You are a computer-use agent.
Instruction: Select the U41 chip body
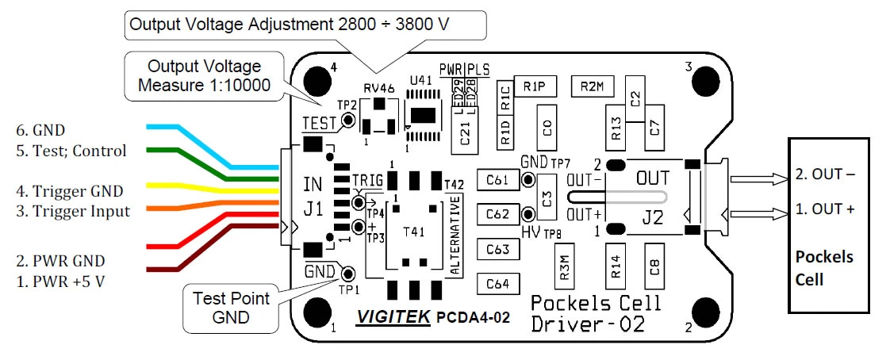(x=424, y=114)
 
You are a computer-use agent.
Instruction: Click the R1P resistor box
(x=534, y=87)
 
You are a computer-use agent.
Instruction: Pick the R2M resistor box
(x=591, y=87)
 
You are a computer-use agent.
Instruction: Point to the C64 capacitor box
(x=498, y=283)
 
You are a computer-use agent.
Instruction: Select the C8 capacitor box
(x=654, y=265)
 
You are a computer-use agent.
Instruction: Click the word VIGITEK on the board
(x=393, y=317)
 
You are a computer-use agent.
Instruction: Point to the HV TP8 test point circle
(x=529, y=215)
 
